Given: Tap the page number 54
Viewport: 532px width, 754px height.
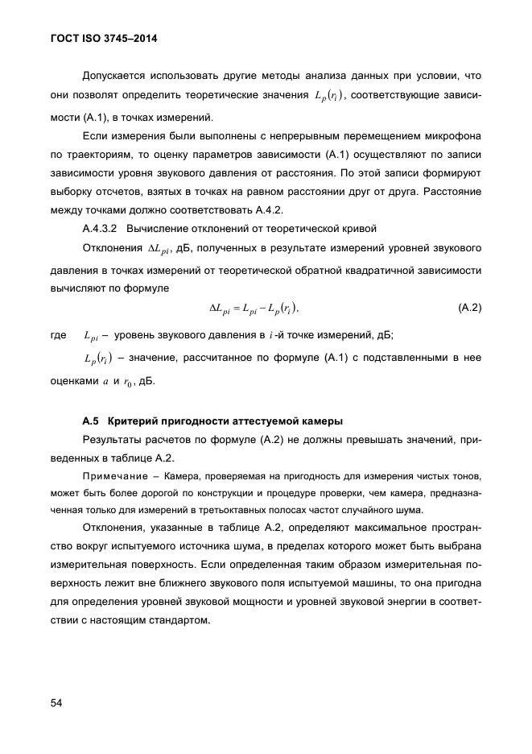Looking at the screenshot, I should tap(56, 702).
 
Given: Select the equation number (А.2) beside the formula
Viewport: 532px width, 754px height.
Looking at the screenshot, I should tap(468, 309).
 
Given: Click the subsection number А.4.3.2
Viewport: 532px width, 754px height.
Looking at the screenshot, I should tap(101, 228).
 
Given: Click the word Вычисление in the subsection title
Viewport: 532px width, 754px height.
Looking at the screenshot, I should tap(159, 228).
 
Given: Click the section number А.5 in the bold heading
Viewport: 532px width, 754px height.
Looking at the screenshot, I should tap(90, 421).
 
